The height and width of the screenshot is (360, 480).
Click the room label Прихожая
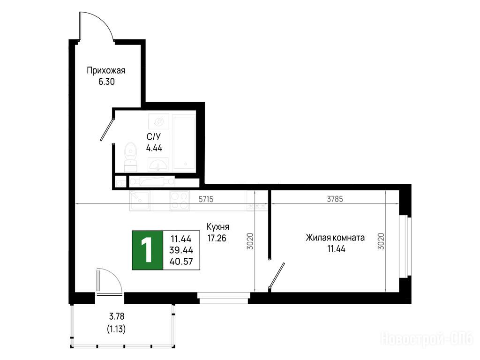click(x=106, y=71)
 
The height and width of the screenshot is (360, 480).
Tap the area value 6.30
click(x=106, y=82)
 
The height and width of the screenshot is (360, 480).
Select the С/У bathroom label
click(x=153, y=137)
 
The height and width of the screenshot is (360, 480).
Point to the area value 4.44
click(x=154, y=148)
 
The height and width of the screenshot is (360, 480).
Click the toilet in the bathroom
click(x=131, y=157)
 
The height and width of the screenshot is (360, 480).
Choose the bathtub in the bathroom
click(x=184, y=142)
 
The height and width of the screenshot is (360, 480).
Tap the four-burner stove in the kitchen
click(x=180, y=200)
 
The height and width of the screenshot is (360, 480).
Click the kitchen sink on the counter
click(x=139, y=201)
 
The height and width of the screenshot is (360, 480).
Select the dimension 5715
click(x=206, y=199)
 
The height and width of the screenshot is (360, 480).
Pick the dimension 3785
click(x=335, y=199)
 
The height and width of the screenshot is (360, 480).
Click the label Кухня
click(x=217, y=227)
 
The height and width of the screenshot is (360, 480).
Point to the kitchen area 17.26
click(x=217, y=238)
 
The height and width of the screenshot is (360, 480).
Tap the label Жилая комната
click(x=335, y=238)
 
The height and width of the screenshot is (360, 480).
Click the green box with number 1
click(x=147, y=250)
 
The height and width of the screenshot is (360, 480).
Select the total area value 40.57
click(x=181, y=262)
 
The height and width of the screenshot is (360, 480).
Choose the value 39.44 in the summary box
click(x=181, y=250)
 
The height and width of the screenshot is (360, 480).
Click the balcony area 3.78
click(x=117, y=315)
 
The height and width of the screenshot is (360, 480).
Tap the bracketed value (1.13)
click(x=116, y=329)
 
